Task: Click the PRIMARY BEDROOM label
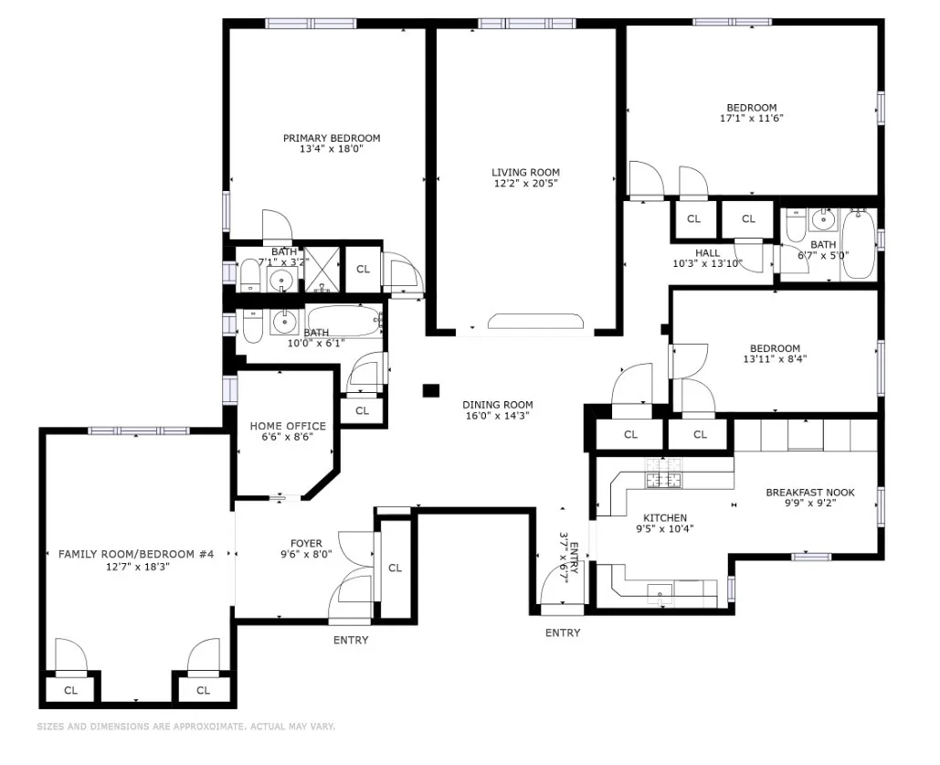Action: (331, 138)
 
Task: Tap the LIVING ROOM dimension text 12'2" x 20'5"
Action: (525, 184)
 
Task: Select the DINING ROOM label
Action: (497, 405)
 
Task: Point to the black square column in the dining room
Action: (431, 390)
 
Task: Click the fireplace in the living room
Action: (535, 321)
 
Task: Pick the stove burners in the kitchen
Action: (664, 480)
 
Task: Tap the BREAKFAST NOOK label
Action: (809, 493)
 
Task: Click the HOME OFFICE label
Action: (288, 426)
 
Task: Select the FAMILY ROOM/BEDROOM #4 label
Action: (135, 554)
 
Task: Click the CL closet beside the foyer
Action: (395, 568)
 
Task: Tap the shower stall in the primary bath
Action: (321, 269)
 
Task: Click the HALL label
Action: (707, 253)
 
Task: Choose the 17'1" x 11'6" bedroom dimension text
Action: (752, 118)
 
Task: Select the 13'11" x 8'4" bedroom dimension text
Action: (775, 359)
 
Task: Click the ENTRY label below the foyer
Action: (351, 640)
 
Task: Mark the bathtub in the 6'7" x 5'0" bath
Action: (858, 243)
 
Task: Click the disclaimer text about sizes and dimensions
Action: (186, 727)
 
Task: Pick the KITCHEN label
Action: (664, 517)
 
